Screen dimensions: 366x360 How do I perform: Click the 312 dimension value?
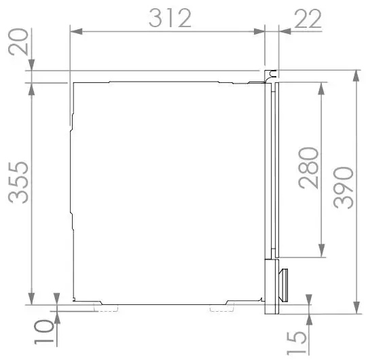point(170,18)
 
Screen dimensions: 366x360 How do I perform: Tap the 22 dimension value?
point(308,18)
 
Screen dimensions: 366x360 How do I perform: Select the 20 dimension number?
point(18,42)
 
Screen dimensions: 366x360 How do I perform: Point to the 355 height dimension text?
point(18,182)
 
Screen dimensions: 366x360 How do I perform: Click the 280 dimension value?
point(308,168)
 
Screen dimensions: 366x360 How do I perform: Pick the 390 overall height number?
point(343,187)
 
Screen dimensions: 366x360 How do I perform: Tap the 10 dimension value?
point(44,332)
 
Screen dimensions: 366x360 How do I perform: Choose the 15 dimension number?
point(296,343)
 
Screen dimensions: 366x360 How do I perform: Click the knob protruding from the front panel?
point(283,285)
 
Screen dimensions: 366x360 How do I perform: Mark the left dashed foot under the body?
point(106,308)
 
